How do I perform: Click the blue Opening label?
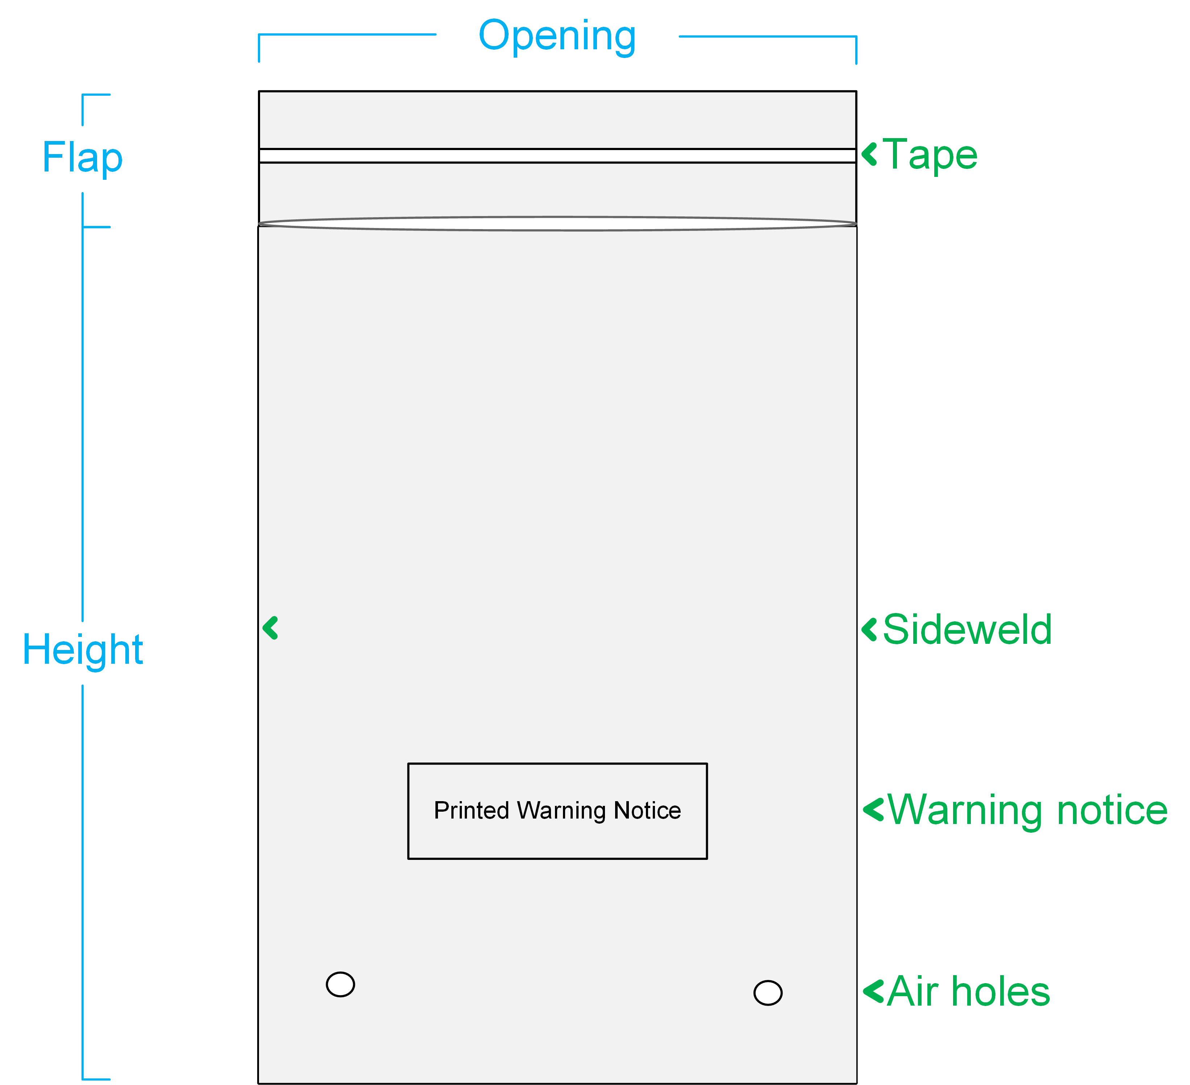coord(557,37)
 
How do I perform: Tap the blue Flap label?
coord(83,158)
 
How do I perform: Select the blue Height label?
coord(83,650)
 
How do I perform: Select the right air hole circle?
coord(768,993)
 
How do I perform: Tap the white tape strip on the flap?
coord(557,156)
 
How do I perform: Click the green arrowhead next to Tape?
coord(869,155)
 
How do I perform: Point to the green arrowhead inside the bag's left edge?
coord(270,628)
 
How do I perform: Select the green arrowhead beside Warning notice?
coord(873,810)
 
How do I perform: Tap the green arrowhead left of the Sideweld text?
coord(869,630)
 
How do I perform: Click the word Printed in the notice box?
coord(472,810)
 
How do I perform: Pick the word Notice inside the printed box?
coord(648,810)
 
